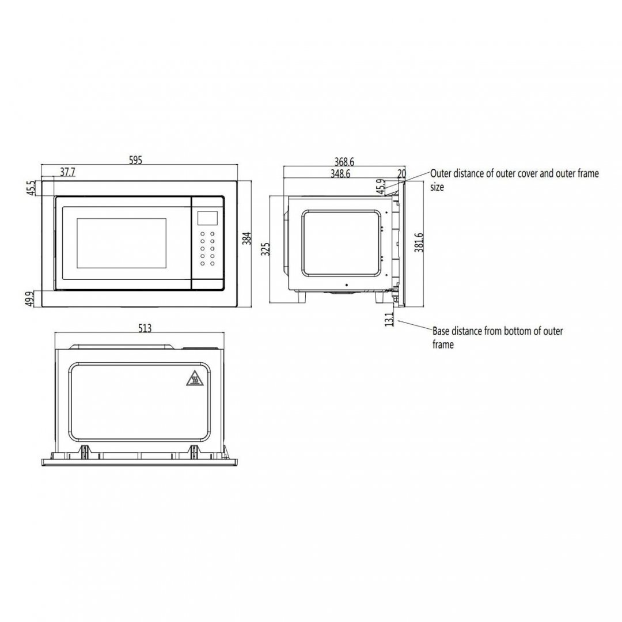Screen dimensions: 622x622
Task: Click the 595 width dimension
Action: point(135,160)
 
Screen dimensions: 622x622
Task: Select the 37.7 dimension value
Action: point(67,172)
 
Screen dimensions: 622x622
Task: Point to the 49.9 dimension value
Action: point(29,299)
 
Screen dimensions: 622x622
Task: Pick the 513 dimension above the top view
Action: point(145,328)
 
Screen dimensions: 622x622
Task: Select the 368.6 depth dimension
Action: point(344,162)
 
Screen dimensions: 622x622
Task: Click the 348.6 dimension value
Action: point(340,174)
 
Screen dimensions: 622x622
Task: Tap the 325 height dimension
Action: point(266,249)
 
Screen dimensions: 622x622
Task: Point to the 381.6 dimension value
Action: point(419,242)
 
